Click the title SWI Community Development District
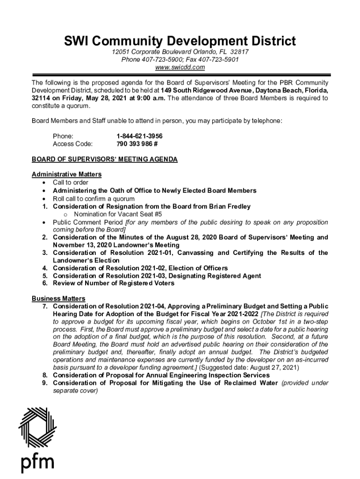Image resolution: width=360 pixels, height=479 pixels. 180,41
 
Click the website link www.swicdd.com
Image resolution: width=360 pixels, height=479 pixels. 180,67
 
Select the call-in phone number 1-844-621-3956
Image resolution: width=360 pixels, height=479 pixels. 139,136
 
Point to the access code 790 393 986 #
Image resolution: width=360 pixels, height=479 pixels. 137,144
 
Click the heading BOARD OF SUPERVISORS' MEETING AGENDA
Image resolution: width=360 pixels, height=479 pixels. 105,160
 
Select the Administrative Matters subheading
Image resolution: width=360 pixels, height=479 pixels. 66,174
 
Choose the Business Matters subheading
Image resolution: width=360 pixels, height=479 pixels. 58,298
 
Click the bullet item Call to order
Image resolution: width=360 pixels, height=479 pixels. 70,182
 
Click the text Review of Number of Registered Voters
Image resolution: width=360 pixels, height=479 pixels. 113,283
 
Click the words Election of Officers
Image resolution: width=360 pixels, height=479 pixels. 198,268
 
